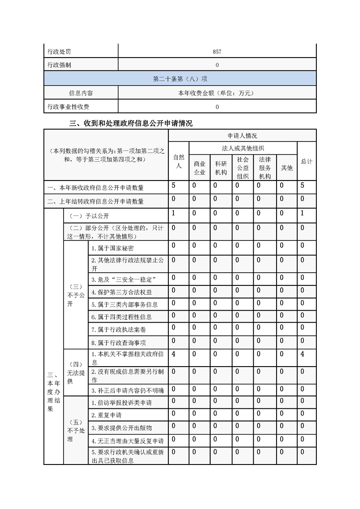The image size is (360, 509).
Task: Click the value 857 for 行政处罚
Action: tap(217, 52)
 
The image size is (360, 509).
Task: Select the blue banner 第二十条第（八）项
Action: tap(180, 79)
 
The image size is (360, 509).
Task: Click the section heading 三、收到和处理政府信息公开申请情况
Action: tap(130, 123)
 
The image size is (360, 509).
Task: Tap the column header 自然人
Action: tap(178, 162)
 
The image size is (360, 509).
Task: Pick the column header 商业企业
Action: tap(200, 167)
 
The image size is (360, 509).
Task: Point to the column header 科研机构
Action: tap(221, 167)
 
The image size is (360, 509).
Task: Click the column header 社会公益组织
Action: tap(242, 167)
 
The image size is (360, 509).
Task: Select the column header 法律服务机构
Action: tap(265, 167)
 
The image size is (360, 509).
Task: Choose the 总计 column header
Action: tap(306, 162)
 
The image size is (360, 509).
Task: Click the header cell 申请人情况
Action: tap(242, 136)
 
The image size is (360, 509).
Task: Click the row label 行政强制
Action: tap(59, 65)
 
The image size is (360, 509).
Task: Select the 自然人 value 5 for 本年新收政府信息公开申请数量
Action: tap(174, 186)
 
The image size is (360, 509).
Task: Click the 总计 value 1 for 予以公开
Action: tap(302, 213)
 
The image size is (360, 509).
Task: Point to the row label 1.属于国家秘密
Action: tap(112, 248)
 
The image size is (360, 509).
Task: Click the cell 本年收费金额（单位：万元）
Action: tap(217, 93)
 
